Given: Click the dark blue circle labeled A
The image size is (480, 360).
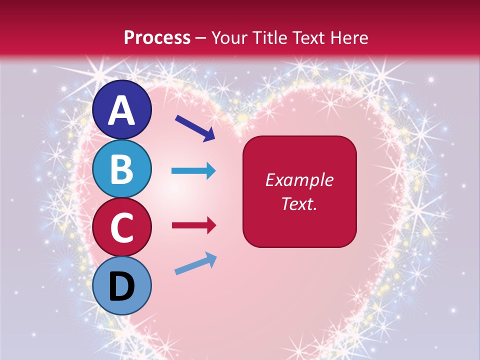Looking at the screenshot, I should click(122, 109).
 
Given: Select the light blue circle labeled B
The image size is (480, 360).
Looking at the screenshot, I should click(122, 168).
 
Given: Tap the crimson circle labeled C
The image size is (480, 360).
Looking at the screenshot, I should click(122, 227).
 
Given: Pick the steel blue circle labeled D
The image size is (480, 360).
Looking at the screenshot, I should click(122, 285).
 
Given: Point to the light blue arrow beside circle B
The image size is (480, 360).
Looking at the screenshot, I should click(193, 171).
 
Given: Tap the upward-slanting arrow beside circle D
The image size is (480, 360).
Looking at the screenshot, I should click(195, 264).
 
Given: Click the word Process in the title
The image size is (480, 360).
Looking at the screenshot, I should click(157, 37).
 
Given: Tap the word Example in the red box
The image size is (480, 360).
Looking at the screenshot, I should click(299, 180).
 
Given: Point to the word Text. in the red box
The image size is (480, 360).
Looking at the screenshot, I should click(299, 204).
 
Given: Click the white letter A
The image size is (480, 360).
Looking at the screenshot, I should click(122, 110).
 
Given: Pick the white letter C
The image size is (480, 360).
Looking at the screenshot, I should click(122, 228).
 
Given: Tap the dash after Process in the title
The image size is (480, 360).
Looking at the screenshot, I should click(201, 38).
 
